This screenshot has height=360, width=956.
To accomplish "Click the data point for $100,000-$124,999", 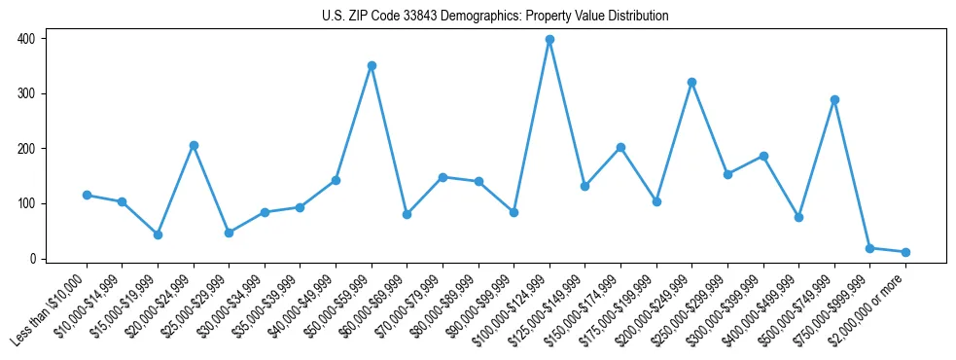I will (x=549, y=40).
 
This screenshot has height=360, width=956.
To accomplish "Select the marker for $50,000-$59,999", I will (x=372, y=66).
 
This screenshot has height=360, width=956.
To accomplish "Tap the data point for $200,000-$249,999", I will (x=691, y=83).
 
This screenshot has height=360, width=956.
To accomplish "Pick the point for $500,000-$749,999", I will (x=834, y=99).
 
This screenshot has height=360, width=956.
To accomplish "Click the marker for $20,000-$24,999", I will (x=194, y=145).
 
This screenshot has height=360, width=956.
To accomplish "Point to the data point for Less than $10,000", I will (x=87, y=195).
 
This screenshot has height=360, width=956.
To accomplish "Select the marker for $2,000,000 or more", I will (x=905, y=252).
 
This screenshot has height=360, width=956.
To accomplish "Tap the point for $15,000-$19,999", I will (x=158, y=234).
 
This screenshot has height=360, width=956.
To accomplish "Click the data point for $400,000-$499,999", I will (x=798, y=217).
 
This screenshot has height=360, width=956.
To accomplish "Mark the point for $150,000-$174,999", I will (x=620, y=147).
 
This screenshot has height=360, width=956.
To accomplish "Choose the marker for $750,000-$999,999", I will (x=869, y=248).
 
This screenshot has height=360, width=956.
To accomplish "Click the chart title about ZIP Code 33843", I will (x=495, y=17).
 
